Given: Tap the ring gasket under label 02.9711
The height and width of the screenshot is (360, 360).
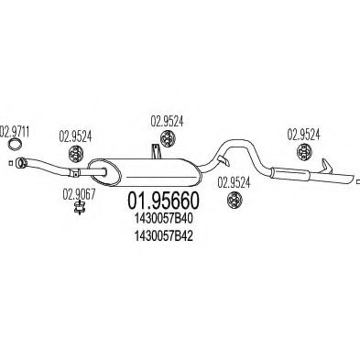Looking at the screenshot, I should pos(15,144).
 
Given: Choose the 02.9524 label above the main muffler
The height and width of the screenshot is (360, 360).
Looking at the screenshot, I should pos(168,119).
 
